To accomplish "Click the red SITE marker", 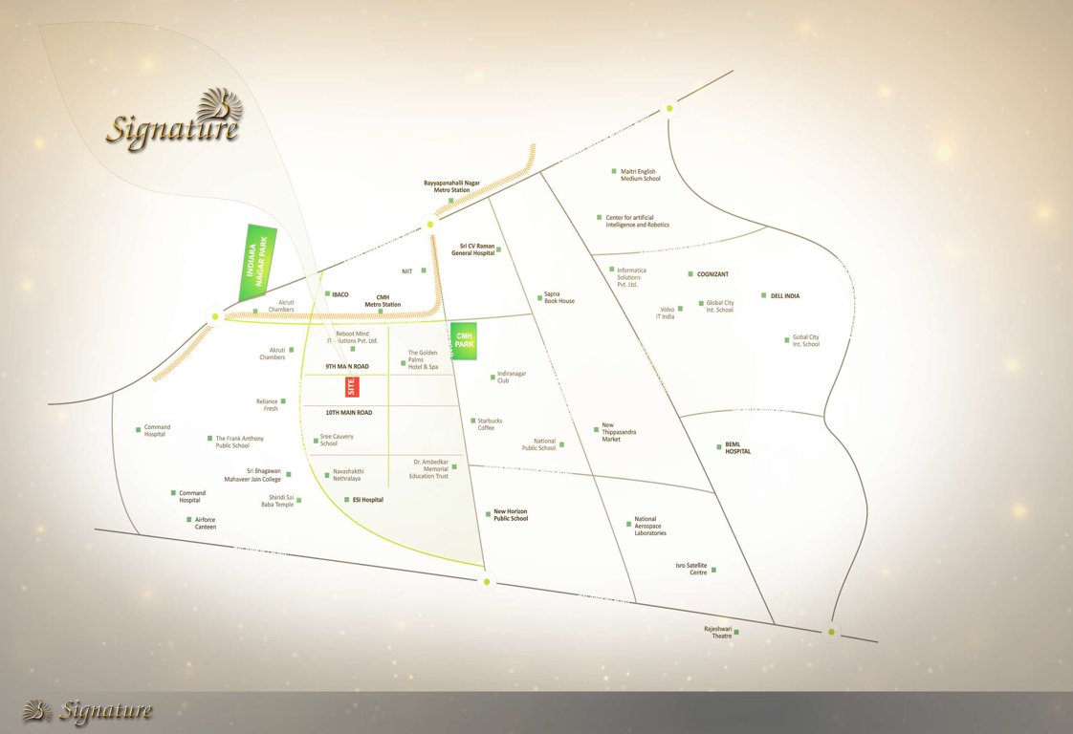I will point(351,386).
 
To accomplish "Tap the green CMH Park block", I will point(465,340).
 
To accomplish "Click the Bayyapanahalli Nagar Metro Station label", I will point(451,186).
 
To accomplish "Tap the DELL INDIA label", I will point(784,296).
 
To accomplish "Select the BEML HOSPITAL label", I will point(737,447).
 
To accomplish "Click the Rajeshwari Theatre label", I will point(718,632).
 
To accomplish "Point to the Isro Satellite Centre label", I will point(690,569).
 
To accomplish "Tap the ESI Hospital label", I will point(367,500).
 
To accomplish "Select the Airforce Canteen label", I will point(205,523).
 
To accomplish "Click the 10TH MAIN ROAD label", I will point(348,413).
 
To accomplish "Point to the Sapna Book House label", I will point(559,297).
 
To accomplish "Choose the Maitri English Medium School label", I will point(640,175).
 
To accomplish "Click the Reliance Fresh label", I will point(267,404).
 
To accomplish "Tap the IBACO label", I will point(339,294).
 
